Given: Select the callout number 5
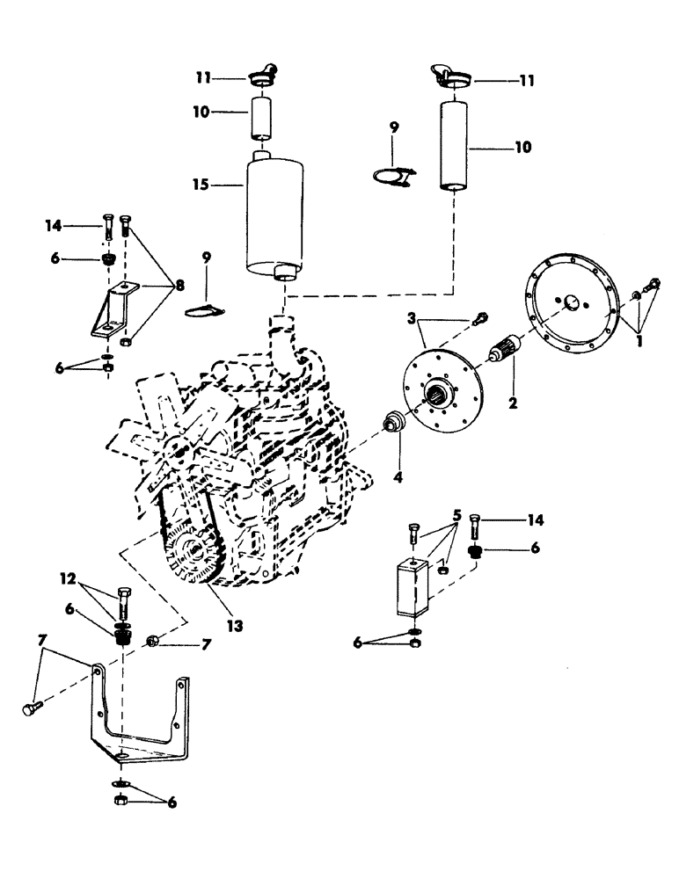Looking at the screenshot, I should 456,515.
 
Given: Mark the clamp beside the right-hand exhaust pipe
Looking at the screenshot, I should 393,177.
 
